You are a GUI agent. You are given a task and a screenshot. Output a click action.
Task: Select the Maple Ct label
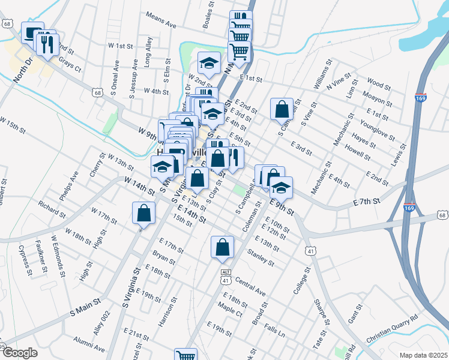coord(230,310)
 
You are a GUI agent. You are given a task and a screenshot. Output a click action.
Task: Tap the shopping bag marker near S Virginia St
coord(144,213)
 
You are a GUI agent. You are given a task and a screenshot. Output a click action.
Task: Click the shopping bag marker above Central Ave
coord(222,247)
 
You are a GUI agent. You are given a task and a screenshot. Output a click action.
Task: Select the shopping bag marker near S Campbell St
coord(282,109)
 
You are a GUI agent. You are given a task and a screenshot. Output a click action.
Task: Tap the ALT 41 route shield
coord(226,276)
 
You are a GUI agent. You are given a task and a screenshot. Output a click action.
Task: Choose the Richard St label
coord(52,208)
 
